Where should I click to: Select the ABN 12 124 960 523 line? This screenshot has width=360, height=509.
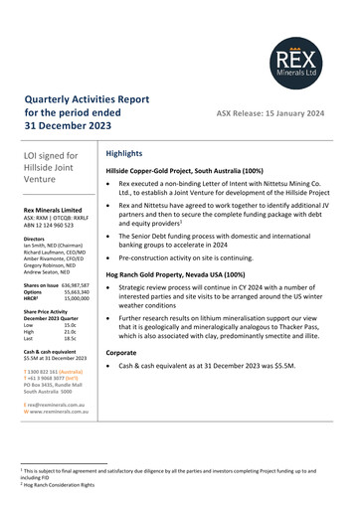51,226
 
